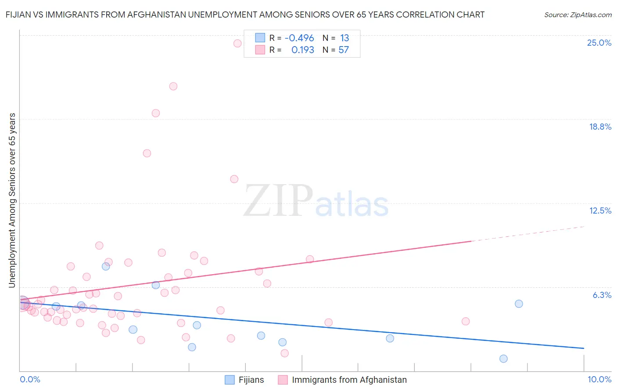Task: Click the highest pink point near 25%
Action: [237, 43]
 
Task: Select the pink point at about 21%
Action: [173, 86]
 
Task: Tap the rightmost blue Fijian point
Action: [519, 304]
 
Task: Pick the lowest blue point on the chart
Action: [503, 359]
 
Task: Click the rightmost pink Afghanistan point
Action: [466, 321]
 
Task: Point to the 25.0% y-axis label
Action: [599, 43]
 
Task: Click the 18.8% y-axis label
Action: [600, 127]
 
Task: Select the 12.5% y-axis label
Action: [600, 211]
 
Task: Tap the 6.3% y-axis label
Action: [602, 295]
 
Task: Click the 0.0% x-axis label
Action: [30, 379]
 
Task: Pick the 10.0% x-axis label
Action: [599, 379]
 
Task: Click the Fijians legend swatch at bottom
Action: [230, 380]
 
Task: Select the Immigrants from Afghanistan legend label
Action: [349, 380]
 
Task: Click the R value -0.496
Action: [299, 38]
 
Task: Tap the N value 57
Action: [344, 50]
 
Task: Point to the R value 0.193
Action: [303, 50]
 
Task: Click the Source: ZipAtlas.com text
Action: [578, 15]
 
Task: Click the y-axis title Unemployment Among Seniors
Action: [12, 200]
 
